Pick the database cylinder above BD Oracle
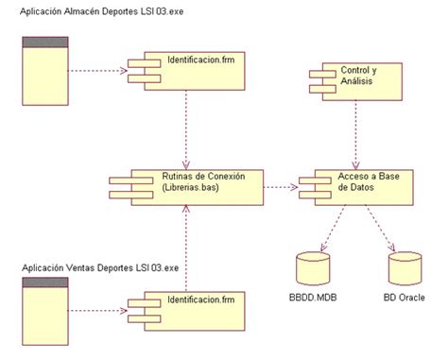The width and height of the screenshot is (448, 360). pos(404,270)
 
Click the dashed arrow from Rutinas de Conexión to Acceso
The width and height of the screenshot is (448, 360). pos(279,186)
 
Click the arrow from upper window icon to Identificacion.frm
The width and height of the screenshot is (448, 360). pos(97,70)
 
